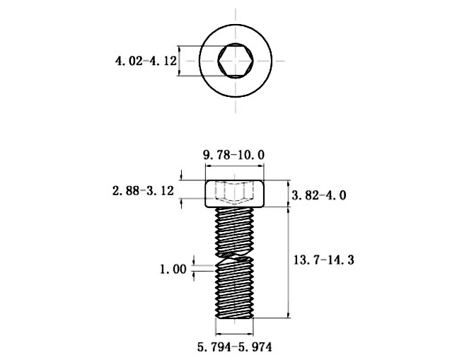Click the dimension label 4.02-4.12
pos(146,61)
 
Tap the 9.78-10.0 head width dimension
pos(233,155)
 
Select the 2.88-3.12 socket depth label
pos(144,191)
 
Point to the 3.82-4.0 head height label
pos(319,196)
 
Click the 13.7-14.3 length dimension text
pos(324,260)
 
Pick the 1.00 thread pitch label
pos(173,269)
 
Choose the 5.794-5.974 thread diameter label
pos(235,347)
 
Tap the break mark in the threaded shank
pos(235,257)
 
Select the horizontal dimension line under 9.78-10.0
pos(235,166)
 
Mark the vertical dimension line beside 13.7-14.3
pos(289,262)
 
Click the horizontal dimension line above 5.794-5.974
pos(235,334)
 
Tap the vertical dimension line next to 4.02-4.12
pos(179,61)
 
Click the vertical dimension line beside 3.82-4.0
pos(289,194)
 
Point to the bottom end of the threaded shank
pos(235,317)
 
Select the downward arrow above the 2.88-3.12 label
pos(181,175)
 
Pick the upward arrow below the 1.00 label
pos(194,276)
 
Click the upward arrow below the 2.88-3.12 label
pos(181,204)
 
